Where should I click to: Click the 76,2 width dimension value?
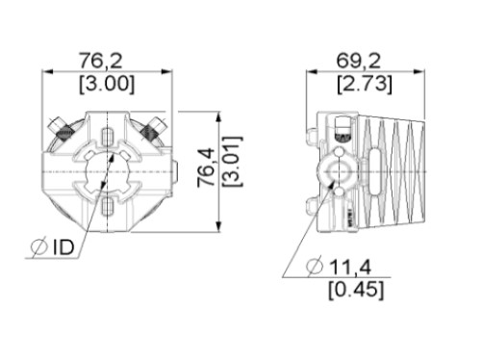pyautogui.click(x=101, y=61)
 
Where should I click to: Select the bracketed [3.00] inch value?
pyautogui.click(x=107, y=84)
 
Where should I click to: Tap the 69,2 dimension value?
pyautogui.click(x=359, y=61)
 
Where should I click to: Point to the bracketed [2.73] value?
pyautogui.click(x=365, y=85)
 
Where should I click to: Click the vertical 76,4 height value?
pyautogui.click(x=206, y=167)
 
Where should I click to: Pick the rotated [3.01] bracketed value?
pyautogui.click(x=232, y=162)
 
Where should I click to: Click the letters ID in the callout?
pyautogui.click(x=63, y=247)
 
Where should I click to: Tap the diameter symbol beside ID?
pyautogui.click(x=39, y=247)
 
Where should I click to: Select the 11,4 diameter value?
pyautogui.click(x=350, y=267)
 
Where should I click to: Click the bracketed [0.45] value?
pyautogui.click(x=356, y=290)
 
